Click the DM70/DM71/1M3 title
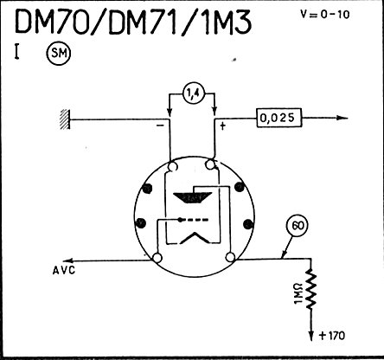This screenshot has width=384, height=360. tap(133, 21)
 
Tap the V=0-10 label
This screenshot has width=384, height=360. tap(325, 14)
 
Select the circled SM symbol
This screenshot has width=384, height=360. tap(59, 54)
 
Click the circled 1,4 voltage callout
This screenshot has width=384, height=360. tap(193, 93)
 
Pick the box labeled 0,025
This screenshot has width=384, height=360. tap(278, 118)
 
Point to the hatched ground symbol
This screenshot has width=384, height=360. tap(65, 119)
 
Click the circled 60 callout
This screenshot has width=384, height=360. tap(298, 226)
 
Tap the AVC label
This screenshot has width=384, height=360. tap(64, 270)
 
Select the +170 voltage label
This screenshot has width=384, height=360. tap(332, 336)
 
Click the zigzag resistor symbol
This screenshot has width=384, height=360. tap(310, 289)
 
